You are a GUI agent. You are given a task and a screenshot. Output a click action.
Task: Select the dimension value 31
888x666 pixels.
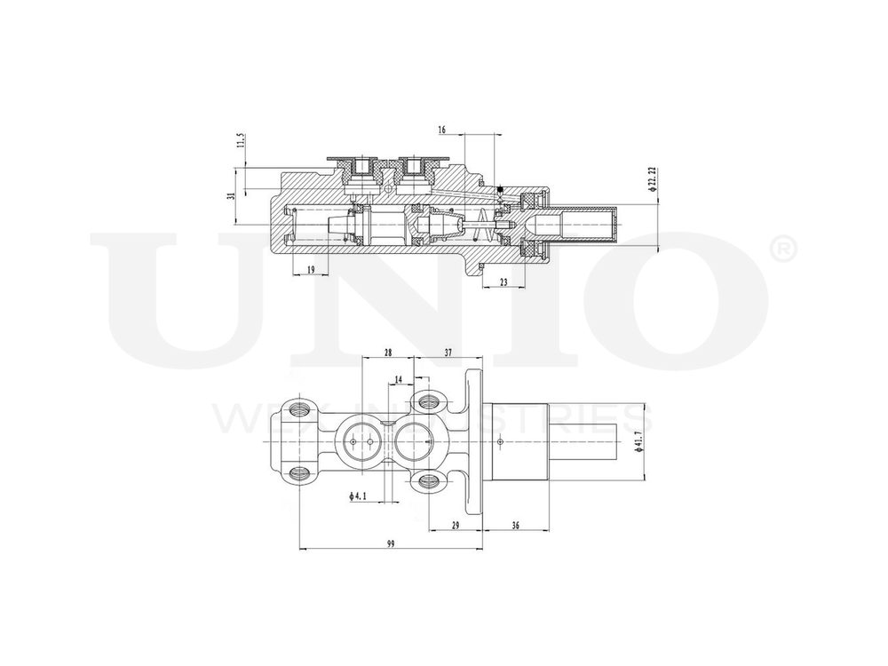tap(231, 196)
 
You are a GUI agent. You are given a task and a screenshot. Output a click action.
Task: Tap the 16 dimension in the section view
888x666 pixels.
tap(442, 130)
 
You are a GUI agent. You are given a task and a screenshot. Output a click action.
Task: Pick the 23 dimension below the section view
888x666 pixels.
tap(503, 281)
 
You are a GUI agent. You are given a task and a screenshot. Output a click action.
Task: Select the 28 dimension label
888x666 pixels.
tap(388, 353)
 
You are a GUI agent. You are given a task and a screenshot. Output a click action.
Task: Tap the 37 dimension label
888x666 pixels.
tap(448, 353)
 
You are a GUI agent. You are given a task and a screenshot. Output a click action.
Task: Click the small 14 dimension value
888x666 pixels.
tap(398, 379)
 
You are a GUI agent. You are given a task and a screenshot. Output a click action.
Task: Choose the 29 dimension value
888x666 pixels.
tap(456, 526)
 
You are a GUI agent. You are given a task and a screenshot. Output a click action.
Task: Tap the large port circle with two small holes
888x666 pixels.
tap(360, 441)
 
